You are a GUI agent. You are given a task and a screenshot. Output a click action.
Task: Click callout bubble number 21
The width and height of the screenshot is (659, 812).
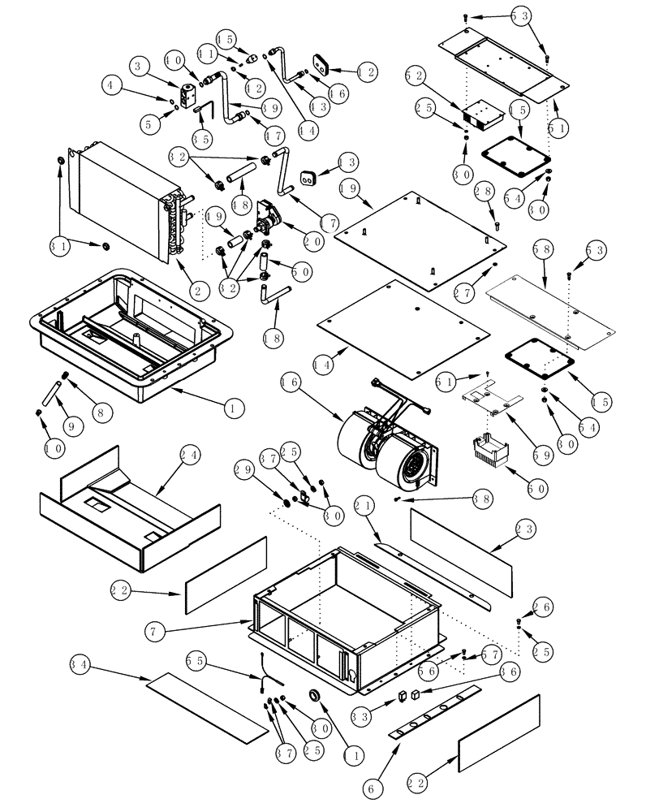pyautogui.click(x=365, y=508)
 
